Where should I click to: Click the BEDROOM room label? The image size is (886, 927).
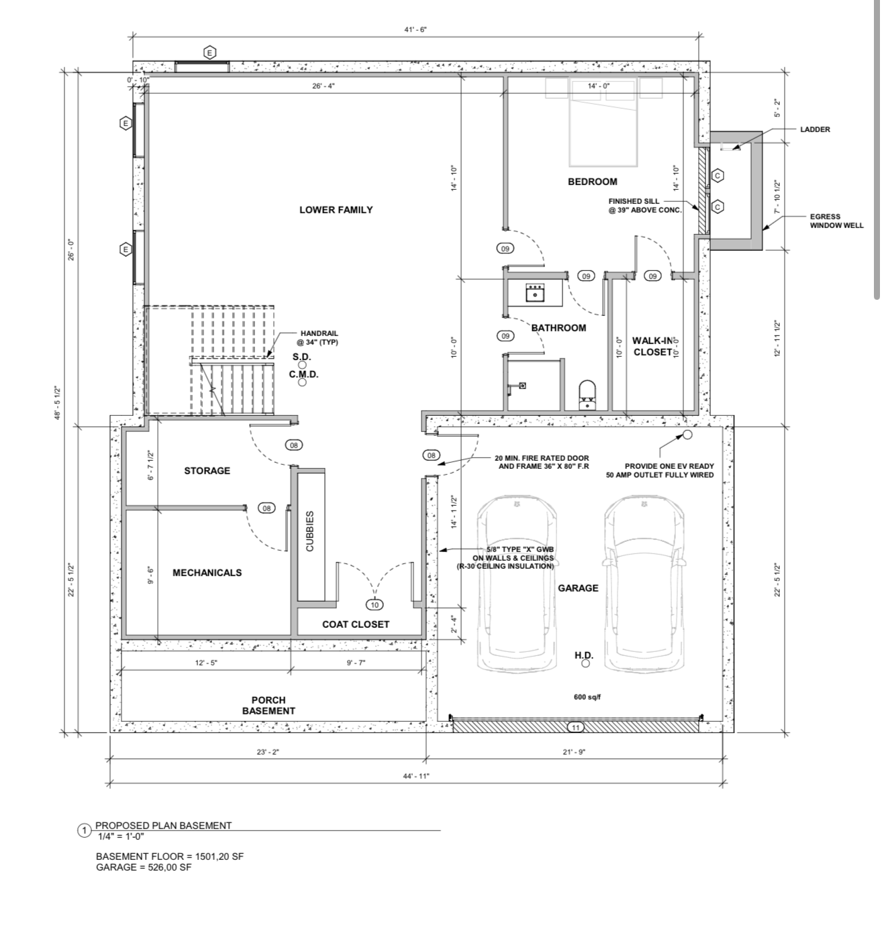pos(593,182)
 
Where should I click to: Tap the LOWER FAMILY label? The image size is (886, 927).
pos(336,209)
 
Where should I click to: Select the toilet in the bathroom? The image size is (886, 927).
pos(587,394)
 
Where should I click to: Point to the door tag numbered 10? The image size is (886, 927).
pos(375,604)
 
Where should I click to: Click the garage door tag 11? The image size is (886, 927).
pos(576,727)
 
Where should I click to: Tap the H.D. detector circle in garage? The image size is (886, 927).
pos(586,663)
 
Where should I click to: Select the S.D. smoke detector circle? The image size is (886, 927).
pos(302,365)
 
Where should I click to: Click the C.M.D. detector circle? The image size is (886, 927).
pos(302,382)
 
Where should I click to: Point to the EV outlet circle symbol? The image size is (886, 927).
pos(687,435)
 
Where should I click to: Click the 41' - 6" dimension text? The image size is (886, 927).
pos(415,30)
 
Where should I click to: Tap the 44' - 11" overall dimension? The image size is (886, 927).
pos(416,776)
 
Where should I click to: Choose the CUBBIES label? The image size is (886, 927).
pos(310,531)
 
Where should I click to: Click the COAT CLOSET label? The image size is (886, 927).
pos(356,624)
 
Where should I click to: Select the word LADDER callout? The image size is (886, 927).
pos(815,129)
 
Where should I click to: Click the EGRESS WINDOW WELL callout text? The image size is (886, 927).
pos(836,221)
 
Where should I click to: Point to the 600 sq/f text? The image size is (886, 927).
pos(587,697)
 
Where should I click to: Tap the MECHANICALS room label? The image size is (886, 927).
pos(207,573)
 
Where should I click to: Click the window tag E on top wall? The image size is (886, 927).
pos(209,52)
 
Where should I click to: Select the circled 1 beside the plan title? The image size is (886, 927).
pos(85,831)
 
